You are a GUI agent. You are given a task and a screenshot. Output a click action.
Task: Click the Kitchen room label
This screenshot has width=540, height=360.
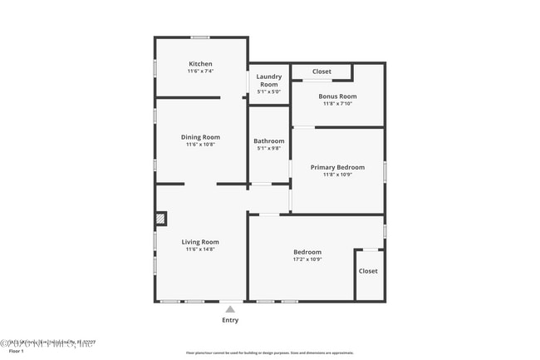pyautogui.click(x=200, y=64)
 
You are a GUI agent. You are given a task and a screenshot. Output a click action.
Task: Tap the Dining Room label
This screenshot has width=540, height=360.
pyautogui.click(x=200, y=137)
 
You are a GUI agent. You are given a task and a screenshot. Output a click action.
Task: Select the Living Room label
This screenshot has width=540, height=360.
pyautogui.click(x=200, y=242)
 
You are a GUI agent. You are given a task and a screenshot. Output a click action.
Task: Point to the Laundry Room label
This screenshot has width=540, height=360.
pyautogui.click(x=268, y=81)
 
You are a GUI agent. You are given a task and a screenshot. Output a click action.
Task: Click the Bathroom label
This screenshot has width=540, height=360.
pyautogui.click(x=268, y=141)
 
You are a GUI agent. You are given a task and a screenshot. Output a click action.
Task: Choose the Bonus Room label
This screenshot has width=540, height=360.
pyautogui.click(x=337, y=96)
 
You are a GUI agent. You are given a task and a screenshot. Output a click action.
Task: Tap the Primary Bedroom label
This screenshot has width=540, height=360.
pyautogui.click(x=337, y=167)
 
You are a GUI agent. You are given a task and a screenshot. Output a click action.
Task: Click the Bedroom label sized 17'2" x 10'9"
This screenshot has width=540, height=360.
pyautogui.click(x=307, y=252)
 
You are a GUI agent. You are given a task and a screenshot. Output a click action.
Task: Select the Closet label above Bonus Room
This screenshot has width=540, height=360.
pyautogui.click(x=322, y=72)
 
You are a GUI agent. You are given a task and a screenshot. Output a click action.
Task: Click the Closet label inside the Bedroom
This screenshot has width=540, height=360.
pyautogui.click(x=368, y=271)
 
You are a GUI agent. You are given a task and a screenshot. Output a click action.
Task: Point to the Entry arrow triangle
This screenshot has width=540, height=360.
pyautogui.click(x=230, y=309)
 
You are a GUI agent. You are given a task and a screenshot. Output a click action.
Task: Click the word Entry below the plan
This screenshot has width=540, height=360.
pyautogui.click(x=230, y=320)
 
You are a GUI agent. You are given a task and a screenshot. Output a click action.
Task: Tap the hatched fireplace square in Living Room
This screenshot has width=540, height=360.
pyautogui.click(x=160, y=219)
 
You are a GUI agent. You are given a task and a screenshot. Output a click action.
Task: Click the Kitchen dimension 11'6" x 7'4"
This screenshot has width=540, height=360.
pyautogui.click(x=200, y=72)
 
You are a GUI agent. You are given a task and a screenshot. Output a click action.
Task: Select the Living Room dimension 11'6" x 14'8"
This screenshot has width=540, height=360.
pyautogui.click(x=200, y=249)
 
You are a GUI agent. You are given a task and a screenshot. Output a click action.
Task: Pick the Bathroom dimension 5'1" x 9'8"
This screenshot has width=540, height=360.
pyautogui.click(x=268, y=149)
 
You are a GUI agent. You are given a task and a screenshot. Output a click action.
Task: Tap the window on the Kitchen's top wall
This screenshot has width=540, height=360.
pyautogui.click(x=200, y=37)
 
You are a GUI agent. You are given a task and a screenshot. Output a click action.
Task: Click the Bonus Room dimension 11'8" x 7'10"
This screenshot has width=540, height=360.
pyautogui.click(x=337, y=104)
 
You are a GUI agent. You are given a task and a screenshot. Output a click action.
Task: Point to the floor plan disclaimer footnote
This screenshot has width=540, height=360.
pyautogui.click(x=269, y=353)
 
